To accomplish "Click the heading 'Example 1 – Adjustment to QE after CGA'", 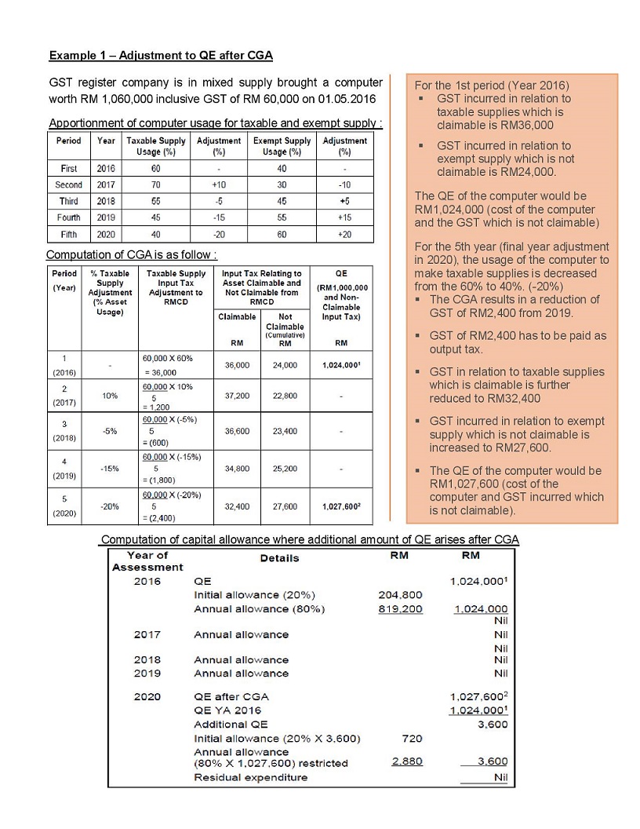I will click(161, 56).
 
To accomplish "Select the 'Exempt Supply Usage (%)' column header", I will click(278, 146).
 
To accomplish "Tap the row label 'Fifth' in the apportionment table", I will click(68, 234).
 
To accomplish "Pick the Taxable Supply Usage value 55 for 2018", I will click(155, 201).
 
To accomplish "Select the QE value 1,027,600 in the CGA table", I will click(341, 507).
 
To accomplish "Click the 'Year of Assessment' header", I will click(147, 561).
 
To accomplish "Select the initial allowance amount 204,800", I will click(400, 595).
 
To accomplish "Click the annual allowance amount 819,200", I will click(400, 608).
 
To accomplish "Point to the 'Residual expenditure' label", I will click(250, 778).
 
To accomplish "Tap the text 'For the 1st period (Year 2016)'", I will click(492, 85).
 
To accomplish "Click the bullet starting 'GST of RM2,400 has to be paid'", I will click(517, 342).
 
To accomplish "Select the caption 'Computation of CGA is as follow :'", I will click(132, 255).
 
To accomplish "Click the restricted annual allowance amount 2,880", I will click(406, 761).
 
